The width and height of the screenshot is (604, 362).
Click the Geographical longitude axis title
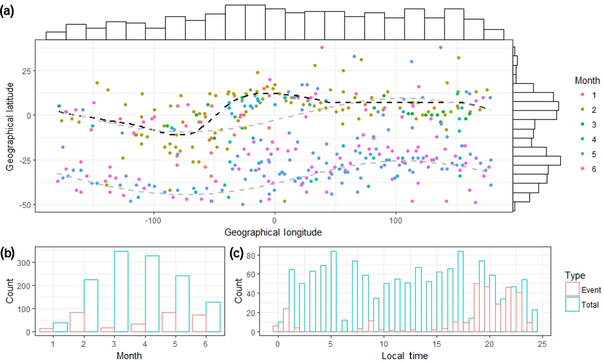pyautogui.click(x=274, y=231)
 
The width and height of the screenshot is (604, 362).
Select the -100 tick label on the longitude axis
pyautogui.click(x=152, y=221)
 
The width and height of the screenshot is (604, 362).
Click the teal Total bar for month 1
pyautogui.click(x=60, y=327)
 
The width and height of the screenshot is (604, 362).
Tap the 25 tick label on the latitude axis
pyautogui.click(x=24, y=70)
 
